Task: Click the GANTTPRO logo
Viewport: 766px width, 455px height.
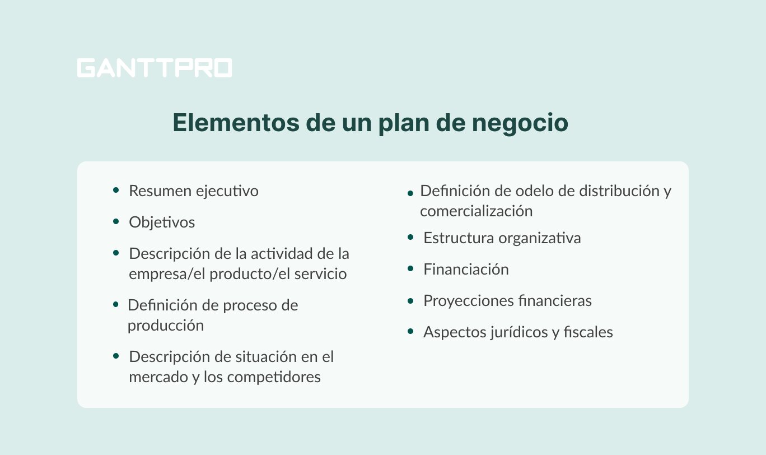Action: (154, 68)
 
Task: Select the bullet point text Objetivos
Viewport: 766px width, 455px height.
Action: (162, 222)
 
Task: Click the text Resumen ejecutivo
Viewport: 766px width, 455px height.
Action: (194, 191)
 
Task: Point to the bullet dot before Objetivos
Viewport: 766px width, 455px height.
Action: (116, 222)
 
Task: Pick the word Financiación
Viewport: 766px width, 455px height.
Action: (466, 270)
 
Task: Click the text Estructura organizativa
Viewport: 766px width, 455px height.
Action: (502, 238)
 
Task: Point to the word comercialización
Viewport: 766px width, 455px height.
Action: (476, 211)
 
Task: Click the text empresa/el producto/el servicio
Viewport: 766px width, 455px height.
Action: (237, 274)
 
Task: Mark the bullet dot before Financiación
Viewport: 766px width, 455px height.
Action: (411, 269)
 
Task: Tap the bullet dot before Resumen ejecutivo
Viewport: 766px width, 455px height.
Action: (116, 191)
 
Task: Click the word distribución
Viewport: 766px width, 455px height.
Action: (619, 191)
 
